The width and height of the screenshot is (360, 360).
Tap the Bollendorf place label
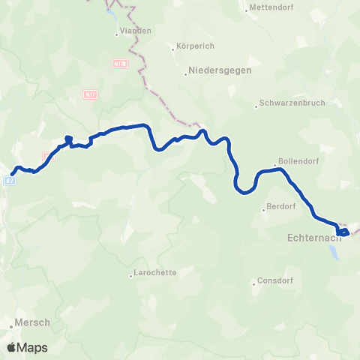(296, 160)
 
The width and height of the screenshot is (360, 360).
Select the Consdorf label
(279, 280)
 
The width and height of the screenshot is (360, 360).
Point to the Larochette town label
(154, 273)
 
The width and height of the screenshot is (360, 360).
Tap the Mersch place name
(32, 322)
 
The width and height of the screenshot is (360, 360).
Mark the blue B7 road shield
(8, 181)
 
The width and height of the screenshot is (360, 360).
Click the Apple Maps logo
(28, 347)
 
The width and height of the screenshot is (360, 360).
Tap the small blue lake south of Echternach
(334, 252)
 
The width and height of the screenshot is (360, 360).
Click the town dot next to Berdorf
(264, 210)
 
